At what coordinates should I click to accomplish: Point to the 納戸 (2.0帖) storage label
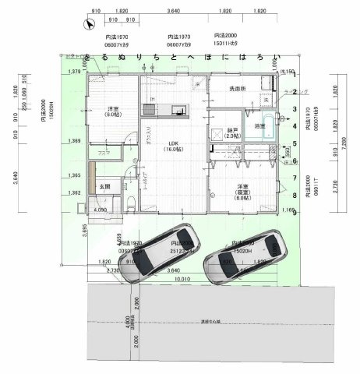coord(234,132)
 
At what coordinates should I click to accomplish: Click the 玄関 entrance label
coord(104,187)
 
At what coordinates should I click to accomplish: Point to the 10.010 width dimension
coord(182,277)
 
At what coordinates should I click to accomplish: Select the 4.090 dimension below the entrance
coord(100,210)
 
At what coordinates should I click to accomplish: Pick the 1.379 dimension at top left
coord(76,72)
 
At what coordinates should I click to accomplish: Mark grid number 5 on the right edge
coord(295,143)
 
